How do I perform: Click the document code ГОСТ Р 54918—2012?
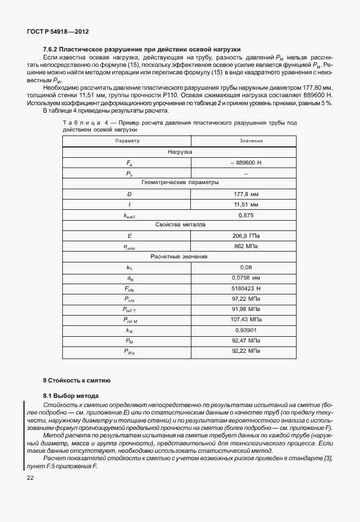(x=58, y=32)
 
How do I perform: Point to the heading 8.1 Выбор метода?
(x=71, y=396)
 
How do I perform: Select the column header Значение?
(x=246, y=141)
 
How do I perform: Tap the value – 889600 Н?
(x=246, y=163)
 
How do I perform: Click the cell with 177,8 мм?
(x=246, y=194)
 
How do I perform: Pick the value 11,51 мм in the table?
(x=246, y=204)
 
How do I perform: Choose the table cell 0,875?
(x=246, y=215)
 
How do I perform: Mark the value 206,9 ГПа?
(x=246, y=236)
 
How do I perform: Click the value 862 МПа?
(x=246, y=246)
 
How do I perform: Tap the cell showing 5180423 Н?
(x=246, y=288)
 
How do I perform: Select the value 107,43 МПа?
(x=246, y=320)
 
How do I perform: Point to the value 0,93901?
(x=246, y=330)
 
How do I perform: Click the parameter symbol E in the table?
(x=129, y=236)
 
